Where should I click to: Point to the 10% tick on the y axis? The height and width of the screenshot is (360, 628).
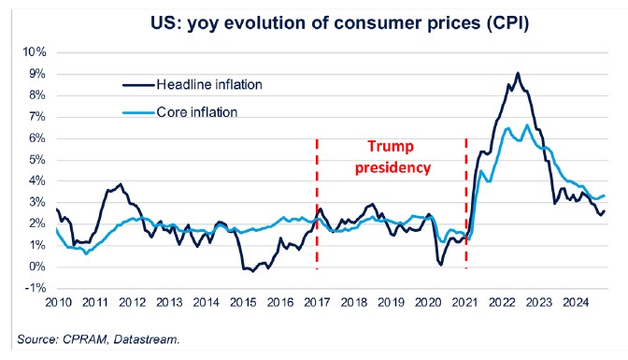(x=32, y=52)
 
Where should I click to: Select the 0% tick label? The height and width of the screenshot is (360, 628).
(x=35, y=267)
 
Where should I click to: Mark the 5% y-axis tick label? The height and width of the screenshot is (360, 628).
(x=35, y=160)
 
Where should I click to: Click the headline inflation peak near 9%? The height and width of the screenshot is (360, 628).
(x=518, y=73)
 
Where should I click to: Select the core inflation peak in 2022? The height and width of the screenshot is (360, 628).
(x=527, y=125)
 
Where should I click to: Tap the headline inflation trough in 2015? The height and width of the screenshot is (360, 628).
(x=248, y=270)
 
